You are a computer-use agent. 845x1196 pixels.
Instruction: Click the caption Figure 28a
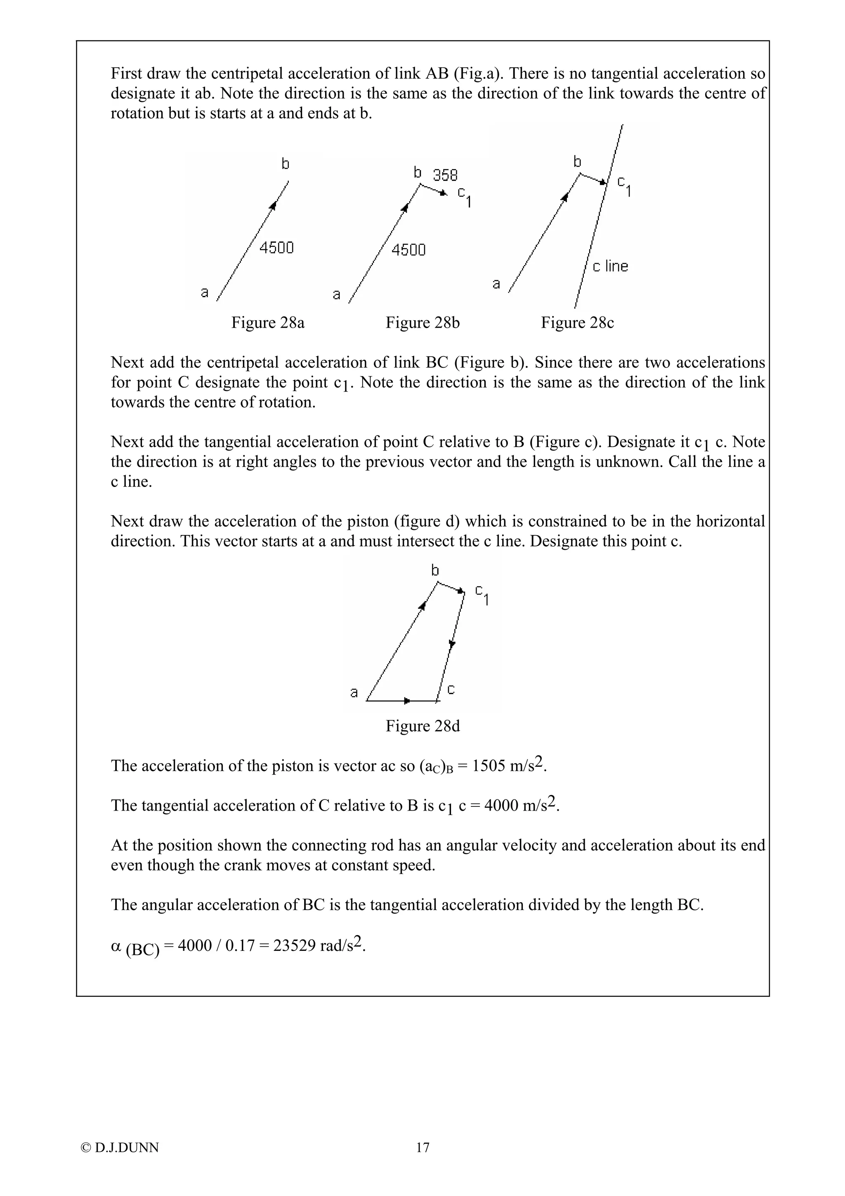tap(268, 323)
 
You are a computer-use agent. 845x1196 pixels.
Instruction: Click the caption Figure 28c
tap(577, 323)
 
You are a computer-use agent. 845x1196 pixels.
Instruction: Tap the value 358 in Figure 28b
tap(445, 175)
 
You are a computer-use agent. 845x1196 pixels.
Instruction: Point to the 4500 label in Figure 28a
tap(276, 248)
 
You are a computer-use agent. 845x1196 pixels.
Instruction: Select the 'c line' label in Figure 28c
tap(610, 266)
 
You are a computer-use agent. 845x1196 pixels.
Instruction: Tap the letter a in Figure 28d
tap(354, 692)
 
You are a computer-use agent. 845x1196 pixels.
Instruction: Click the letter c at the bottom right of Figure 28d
tap(451, 690)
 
